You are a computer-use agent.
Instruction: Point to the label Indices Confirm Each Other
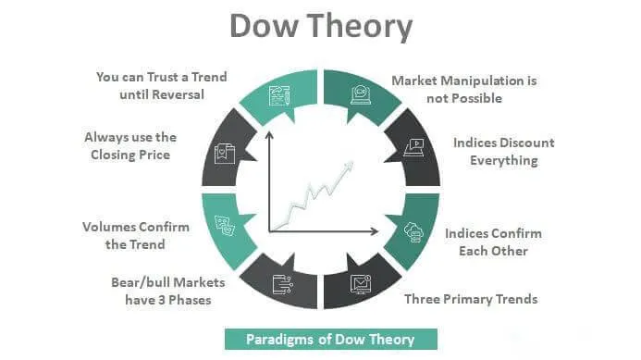[493, 242]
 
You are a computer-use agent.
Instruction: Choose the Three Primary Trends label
[471, 299]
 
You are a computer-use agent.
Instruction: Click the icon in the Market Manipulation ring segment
[358, 93]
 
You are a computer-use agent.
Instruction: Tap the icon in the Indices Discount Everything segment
[415, 145]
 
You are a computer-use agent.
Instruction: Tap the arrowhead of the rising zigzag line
[351, 165]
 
